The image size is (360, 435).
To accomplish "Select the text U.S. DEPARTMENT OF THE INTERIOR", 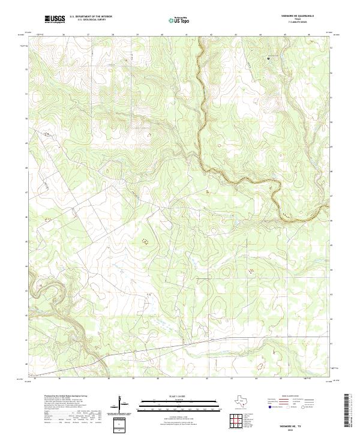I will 91,17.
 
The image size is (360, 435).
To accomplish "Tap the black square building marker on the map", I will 268,58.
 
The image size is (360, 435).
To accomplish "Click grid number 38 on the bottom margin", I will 109,379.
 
